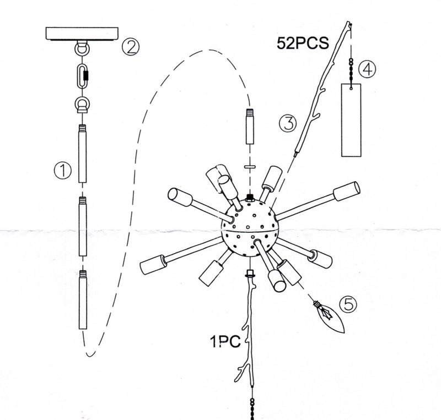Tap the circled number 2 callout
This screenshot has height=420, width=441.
click(130, 46)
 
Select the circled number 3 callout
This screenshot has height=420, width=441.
click(287, 123)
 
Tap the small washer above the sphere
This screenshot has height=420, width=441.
click(250, 166)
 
